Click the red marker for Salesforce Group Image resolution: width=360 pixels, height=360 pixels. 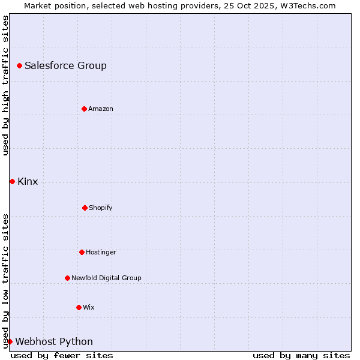[19, 65]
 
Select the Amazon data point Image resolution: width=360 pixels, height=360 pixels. [84, 109]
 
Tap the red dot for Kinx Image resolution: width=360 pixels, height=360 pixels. [12, 181]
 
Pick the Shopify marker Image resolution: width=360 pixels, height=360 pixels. [85, 208]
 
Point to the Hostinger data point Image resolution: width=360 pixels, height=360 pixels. [82, 252]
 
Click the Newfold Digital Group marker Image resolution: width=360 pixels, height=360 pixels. [67, 278]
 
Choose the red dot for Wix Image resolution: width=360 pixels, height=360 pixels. [79, 307]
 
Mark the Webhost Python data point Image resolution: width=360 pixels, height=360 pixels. [10, 341]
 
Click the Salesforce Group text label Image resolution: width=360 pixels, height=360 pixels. [65, 65]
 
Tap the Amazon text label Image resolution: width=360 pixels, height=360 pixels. [101, 109]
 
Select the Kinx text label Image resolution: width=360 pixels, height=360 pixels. [28, 181]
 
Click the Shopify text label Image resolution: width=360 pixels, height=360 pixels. [101, 208]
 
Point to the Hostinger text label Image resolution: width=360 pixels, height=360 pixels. [101, 252]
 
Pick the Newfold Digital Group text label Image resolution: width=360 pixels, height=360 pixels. [106, 278]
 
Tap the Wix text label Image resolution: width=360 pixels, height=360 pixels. [89, 307]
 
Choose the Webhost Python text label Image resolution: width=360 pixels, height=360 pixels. [54, 341]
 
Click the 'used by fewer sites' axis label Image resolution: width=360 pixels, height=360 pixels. [62, 355]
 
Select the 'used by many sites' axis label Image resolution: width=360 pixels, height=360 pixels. [301, 355]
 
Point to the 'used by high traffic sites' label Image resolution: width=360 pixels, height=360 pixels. [5, 85]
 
